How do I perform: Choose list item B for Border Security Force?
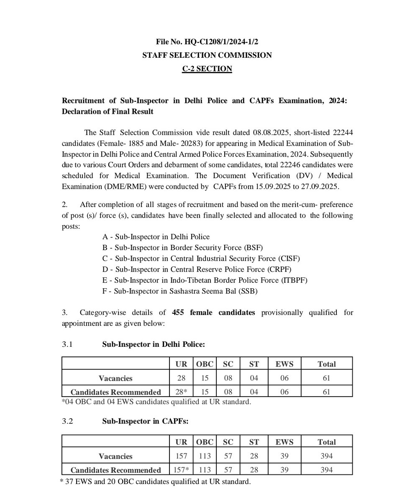point(183,247)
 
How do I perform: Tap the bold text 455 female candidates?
point(213,312)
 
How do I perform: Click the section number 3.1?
point(67,344)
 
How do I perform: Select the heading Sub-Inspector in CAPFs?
point(145,422)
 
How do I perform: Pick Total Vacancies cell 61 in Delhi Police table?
point(326,378)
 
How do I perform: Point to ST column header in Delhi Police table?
point(254,364)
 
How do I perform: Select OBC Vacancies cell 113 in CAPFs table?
point(205,456)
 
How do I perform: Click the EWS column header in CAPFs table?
point(284,442)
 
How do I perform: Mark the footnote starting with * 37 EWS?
point(156,482)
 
